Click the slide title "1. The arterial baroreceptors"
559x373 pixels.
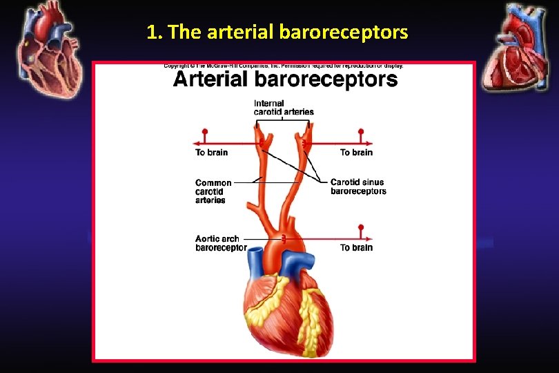(x=277, y=32)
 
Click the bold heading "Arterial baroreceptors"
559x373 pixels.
(x=285, y=79)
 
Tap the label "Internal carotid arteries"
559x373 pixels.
(x=284, y=108)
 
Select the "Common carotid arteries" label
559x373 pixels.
(x=213, y=191)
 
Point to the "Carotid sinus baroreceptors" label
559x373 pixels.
(x=358, y=186)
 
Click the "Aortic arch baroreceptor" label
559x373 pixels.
(x=220, y=243)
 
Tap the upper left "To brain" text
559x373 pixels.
(x=211, y=152)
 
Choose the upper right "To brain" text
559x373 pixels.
(x=356, y=152)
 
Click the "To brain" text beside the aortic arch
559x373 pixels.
(x=356, y=247)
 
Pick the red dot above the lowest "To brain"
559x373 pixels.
(x=360, y=227)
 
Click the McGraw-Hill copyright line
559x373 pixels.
(x=284, y=66)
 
